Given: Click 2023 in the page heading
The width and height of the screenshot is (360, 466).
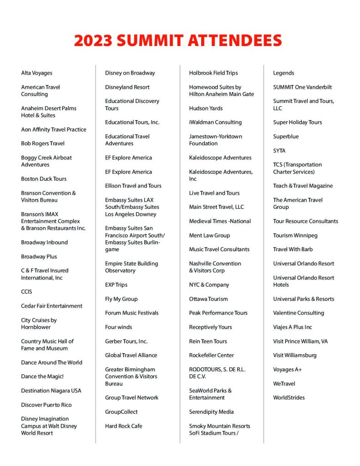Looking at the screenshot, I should point(93,41).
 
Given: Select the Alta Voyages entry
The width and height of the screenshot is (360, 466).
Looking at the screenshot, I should point(36,73).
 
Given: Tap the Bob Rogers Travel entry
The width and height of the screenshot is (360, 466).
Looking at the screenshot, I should point(43,143).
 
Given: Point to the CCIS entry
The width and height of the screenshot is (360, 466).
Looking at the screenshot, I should point(26,292).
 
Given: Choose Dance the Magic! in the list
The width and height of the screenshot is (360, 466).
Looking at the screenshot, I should point(42,376).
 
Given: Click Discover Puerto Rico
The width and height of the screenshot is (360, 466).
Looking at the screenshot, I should point(46,405).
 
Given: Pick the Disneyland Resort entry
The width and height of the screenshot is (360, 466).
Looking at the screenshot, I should point(127,87).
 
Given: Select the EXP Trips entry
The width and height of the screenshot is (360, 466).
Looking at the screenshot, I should point(116,284).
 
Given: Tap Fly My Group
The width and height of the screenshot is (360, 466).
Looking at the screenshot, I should point(121,299).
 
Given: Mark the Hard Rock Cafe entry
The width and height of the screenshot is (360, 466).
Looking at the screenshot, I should point(123,426).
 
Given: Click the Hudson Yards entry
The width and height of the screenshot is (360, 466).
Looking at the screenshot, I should point(206,108).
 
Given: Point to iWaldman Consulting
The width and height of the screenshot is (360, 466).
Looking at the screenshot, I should point(215,122).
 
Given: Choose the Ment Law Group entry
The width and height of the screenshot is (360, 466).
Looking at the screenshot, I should point(209,235).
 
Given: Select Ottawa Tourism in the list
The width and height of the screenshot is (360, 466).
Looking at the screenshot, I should point(208,299).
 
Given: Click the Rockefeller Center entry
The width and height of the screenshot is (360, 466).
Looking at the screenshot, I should point(211,355).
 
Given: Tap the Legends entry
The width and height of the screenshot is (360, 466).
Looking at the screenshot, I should point(284,73).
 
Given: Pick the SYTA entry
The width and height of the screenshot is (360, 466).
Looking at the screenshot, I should point(279,151).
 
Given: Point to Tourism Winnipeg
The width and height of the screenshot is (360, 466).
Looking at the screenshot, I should point(295,235).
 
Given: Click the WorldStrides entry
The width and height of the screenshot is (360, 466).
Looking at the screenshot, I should point(289,397).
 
